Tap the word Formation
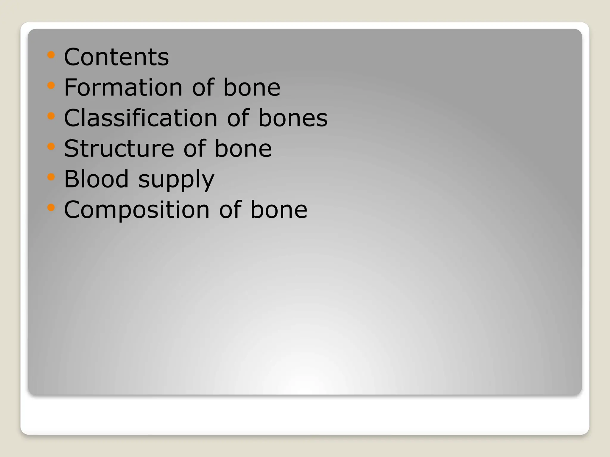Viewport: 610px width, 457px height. tap(123, 87)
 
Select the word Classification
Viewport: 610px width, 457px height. tap(141, 118)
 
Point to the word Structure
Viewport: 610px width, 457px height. tap(119, 148)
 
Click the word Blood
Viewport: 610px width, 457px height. tap(96, 179)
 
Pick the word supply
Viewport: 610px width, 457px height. tap(176, 180)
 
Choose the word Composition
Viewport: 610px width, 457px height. tap(137, 209)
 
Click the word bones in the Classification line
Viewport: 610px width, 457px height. tap(293, 118)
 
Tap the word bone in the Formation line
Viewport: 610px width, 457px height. tap(252, 87)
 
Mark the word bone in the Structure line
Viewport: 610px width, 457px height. tap(243, 148)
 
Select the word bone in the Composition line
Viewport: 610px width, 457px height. tap(279, 209)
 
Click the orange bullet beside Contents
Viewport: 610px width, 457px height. tap(51, 55)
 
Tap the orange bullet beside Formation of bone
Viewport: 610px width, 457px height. tap(51, 86)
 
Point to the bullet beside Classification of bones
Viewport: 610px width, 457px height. tap(51, 116)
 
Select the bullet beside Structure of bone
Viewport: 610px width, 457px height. tap(51, 147)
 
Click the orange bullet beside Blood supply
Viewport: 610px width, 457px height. tap(51, 177)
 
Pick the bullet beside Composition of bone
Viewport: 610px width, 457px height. tap(51, 208)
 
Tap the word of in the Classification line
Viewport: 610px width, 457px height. tap(238, 118)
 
